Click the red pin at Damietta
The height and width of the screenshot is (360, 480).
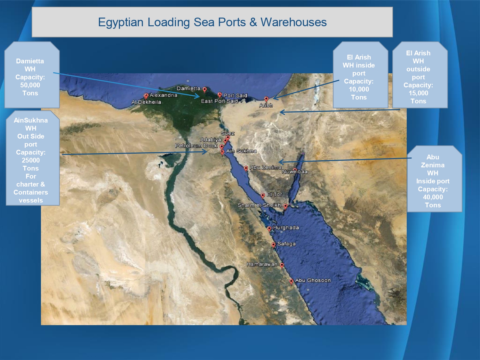click(x=205, y=90)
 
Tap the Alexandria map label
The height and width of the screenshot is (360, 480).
click(x=163, y=95)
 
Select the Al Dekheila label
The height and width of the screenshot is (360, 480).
click(x=146, y=102)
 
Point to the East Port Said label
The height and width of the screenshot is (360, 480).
click(x=219, y=101)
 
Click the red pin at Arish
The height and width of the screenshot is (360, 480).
click(x=266, y=99)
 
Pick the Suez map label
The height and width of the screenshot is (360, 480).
click(x=228, y=133)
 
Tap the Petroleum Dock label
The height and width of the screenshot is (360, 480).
click(x=196, y=146)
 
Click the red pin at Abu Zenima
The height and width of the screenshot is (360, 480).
click(x=246, y=168)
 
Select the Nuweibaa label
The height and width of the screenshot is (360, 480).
click(x=295, y=172)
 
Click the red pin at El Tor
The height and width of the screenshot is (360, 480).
click(x=263, y=196)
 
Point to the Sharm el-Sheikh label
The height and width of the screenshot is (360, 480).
click(x=259, y=205)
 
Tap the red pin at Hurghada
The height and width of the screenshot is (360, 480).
click(x=269, y=228)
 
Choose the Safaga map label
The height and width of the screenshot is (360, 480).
click(x=286, y=244)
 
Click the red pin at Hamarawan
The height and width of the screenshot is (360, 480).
click(x=282, y=265)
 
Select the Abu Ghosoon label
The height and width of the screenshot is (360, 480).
click(x=313, y=280)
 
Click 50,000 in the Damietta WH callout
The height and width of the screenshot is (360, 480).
click(x=30, y=85)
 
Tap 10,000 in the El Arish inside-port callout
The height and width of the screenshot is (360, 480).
click(x=359, y=89)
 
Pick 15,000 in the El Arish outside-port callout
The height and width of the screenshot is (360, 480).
click(x=418, y=93)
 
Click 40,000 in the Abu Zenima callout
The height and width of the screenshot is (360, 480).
click(x=433, y=197)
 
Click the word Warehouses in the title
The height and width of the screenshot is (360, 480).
click(x=294, y=22)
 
